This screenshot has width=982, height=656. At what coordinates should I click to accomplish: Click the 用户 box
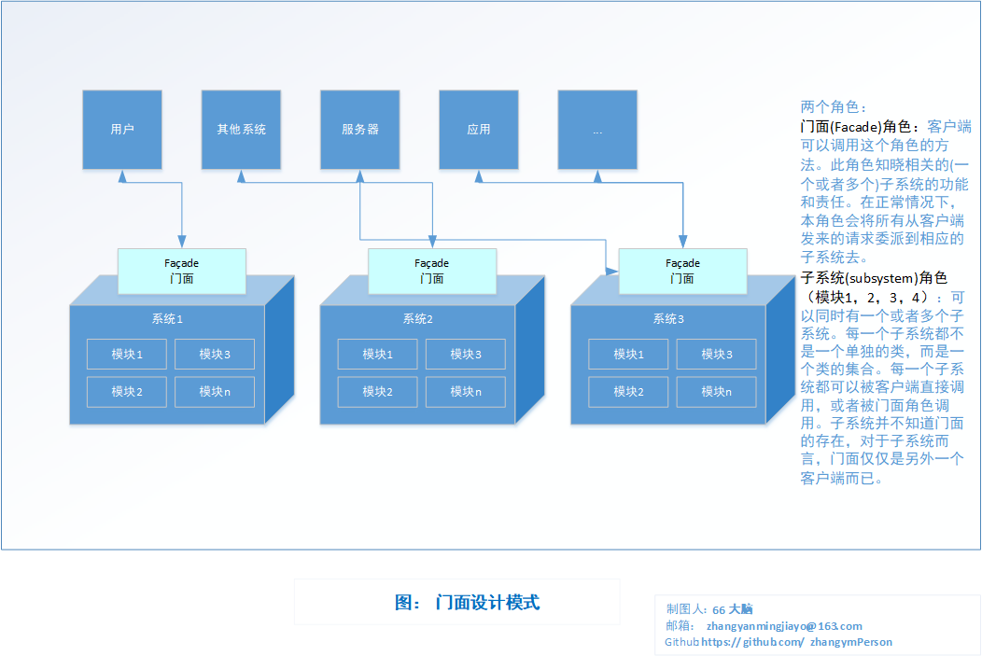(122, 130)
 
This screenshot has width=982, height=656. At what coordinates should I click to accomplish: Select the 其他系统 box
(241, 130)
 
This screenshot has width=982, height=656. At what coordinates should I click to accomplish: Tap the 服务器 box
(360, 130)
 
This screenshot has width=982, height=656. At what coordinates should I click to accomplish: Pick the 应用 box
(479, 130)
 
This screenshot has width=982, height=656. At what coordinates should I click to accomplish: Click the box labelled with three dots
(597, 130)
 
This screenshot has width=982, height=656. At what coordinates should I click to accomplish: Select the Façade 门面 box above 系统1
(182, 271)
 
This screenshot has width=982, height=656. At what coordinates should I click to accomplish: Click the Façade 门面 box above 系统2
(432, 271)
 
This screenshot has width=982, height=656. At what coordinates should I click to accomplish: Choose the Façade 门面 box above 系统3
(682, 271)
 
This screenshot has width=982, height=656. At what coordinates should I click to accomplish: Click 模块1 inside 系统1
(127, 355)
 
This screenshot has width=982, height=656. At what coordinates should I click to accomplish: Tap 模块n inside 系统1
(215, 392)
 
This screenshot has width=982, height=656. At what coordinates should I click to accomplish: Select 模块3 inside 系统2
(466, 355)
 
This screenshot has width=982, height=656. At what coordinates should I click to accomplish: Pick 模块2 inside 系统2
(378, 392)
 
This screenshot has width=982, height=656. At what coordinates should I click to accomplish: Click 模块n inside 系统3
(717, 392)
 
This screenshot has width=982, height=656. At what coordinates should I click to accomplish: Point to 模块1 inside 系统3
(629, 355)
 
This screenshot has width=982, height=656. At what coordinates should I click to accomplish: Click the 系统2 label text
(418, 319)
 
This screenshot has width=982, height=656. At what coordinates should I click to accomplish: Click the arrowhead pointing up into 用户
(122, 175)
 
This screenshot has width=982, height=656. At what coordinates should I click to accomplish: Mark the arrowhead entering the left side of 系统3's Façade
(611, 271)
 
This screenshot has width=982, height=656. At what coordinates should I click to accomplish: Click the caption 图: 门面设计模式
(468, 602)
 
